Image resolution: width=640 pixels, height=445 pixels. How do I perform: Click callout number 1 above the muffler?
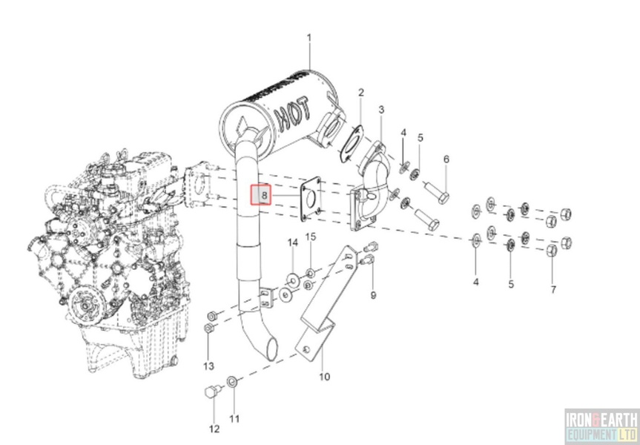coord(310,37)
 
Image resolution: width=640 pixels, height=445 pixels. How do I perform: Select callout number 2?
coord(361,93)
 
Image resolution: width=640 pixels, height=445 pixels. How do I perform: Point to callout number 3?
coord(381,110)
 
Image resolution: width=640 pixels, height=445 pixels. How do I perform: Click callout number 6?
coord(446,159)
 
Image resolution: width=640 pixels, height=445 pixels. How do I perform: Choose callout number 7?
coord(552,289)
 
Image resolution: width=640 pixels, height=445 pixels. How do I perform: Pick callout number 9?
coord(373,294)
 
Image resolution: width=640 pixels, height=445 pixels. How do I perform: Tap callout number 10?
coord(324,377)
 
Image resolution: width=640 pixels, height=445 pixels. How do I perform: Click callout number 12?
coord(214,429)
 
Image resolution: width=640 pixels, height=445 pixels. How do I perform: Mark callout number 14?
coord(292,243)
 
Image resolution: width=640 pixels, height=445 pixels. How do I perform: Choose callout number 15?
coord(311,237)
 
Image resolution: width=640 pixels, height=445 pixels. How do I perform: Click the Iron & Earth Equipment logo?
coord(601,427)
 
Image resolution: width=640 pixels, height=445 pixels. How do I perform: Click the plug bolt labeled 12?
coord(210,392)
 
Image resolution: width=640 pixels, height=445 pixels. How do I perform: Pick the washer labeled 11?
coord(231,382)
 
